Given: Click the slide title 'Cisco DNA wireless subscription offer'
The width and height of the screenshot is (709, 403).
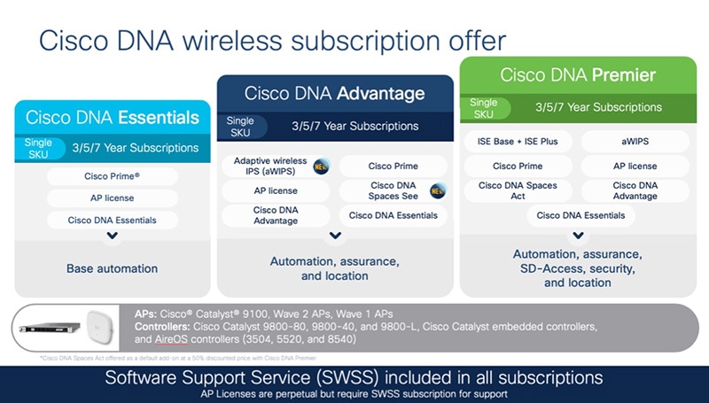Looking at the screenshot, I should coord(271,41).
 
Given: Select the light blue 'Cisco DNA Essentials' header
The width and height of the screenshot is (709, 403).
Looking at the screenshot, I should coord(113,117).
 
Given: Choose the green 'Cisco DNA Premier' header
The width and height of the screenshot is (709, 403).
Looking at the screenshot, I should coord(578,74).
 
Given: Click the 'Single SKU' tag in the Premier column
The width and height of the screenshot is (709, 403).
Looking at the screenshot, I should coord(484,108).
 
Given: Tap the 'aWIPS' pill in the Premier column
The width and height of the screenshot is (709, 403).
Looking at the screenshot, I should coord(635,142).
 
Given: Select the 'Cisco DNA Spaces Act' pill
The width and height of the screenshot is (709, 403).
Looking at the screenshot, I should coord(518,190).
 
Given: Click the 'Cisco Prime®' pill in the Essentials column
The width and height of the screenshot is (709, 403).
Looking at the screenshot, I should coord(113,176).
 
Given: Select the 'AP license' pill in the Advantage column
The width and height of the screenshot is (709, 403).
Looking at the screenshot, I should coord(276,190).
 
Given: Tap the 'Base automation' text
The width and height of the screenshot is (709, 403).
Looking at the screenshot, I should coord(113,267).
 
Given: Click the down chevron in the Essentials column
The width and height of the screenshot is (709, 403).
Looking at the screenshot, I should coord(113,236).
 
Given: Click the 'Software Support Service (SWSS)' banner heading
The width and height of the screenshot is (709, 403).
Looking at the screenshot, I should coord(354,377).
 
